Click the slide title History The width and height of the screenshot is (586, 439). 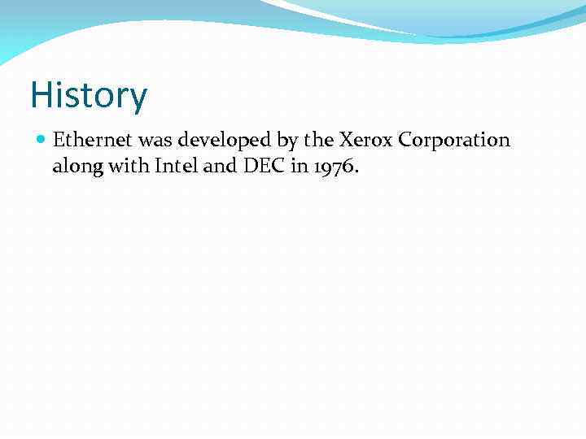[89, 95]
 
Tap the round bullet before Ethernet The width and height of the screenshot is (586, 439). [42, 140]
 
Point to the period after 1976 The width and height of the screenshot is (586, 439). [356, 172]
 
